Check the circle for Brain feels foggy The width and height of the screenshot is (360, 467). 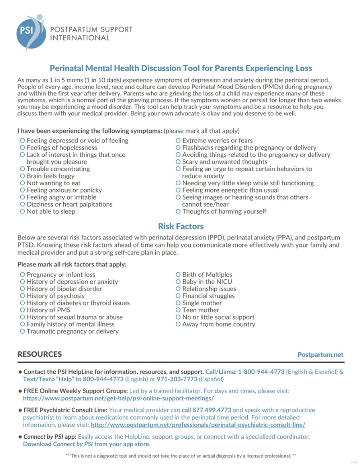click(x=23, y=176)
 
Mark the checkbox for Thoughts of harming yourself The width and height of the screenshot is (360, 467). click(x=178, y=211)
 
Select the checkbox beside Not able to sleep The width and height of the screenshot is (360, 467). click(x=23, y=211)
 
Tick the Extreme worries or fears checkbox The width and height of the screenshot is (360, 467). click(x=178, y=141)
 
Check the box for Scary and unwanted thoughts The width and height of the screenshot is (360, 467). click(x=178, y=162)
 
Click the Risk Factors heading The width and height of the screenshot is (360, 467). click(x=180, y=226)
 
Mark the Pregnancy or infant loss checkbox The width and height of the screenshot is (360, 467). click(x=23, y=275)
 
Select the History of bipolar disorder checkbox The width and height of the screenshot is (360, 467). click(x=23, y=289)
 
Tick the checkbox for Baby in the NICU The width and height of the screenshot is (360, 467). click(x=178, y=282)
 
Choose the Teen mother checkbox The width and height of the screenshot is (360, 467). click(x=178, y=310)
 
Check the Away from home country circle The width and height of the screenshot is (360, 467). click(x=178, y=324)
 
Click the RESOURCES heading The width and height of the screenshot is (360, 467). click(x=40, y=354)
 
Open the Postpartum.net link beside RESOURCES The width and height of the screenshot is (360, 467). click(x=320, y=355)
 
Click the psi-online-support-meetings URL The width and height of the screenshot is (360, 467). click(x=118, y=398)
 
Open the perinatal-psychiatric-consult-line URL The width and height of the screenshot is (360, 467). click(x=198, y=425)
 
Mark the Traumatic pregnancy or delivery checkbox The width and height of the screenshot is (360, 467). click(x=23, y=331)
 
